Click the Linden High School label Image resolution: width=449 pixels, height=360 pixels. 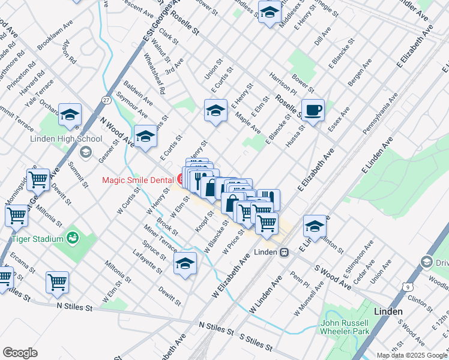66,139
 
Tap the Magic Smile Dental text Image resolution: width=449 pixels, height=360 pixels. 137,179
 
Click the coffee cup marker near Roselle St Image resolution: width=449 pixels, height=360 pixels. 313,111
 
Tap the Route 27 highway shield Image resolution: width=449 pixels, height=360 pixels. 106,100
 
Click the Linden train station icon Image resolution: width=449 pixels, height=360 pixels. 286,251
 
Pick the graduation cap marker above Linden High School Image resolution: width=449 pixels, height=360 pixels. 70,115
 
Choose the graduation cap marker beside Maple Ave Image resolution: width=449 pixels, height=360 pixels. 215,111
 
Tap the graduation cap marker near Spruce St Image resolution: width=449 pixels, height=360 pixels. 185,263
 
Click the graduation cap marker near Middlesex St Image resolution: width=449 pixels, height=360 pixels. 270,12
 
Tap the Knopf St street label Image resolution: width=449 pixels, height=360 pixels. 205,223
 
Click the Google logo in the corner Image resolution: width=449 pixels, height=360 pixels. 20,353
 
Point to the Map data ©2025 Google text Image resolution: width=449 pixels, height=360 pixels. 411,355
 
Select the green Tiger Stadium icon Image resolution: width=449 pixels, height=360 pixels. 73,239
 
